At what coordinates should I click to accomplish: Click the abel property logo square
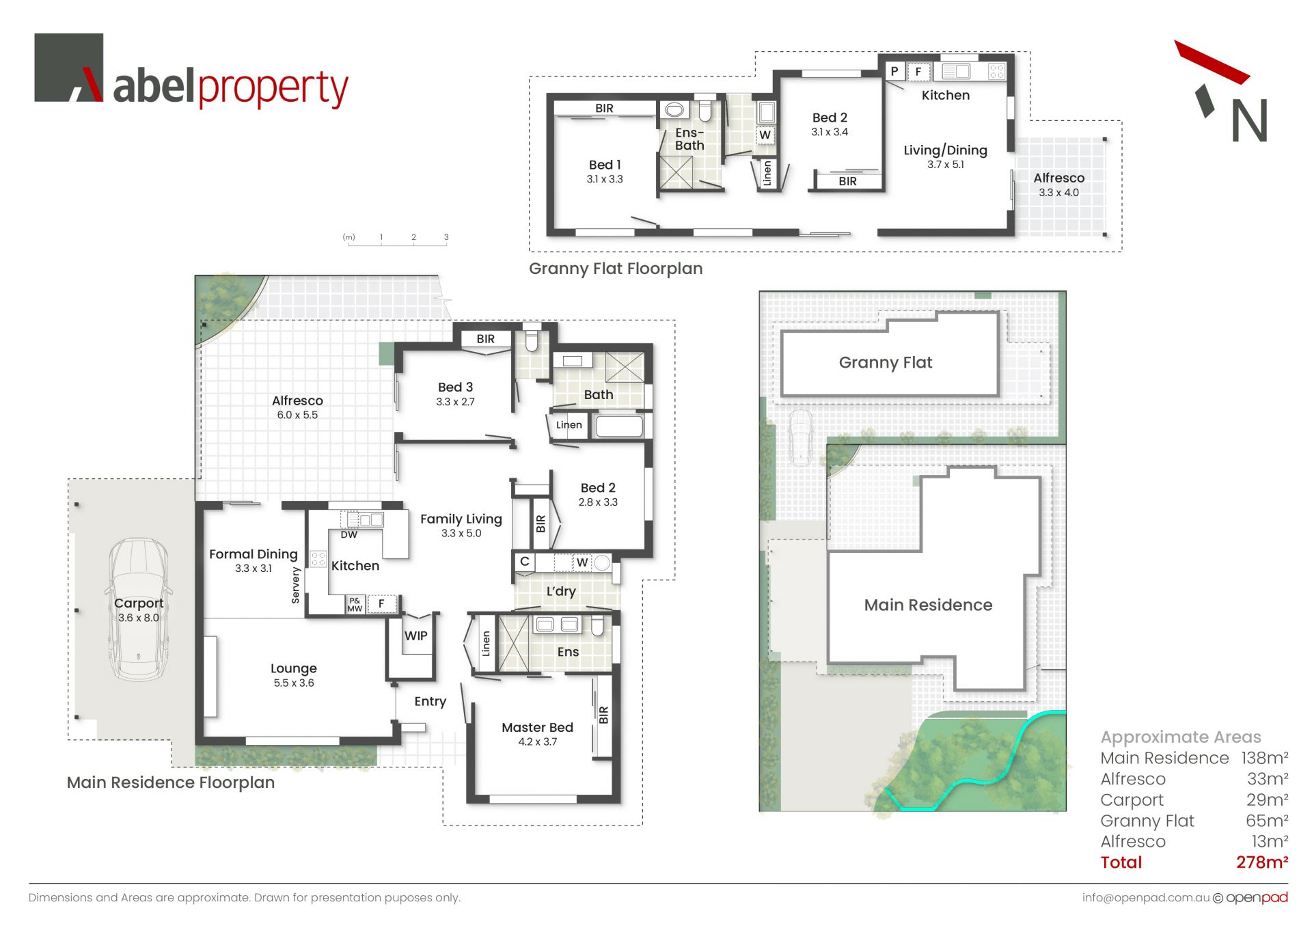point(68,68)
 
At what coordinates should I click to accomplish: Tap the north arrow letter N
point(1249,121)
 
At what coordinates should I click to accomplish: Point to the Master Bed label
point(537,727)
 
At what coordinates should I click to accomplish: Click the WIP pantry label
point(415,636)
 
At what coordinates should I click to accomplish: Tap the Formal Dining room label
point(254,554)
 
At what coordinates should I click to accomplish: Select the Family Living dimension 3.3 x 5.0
point(461,533)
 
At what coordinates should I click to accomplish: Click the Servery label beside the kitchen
point(296,585)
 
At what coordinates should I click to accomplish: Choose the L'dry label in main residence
point(561,591)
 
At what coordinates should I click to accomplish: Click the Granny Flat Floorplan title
point(616,269)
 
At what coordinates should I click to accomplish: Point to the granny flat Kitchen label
point(946,95)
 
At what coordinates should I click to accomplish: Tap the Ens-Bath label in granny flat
point(689,139)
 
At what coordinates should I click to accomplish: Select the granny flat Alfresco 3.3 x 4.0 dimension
point(1058,193)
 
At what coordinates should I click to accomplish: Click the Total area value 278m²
point(1262,862)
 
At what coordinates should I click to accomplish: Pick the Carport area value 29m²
point(1268,800)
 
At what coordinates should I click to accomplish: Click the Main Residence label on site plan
point(928,605)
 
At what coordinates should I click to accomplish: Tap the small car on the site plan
point(800,437)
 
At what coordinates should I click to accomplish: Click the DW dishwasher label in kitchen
point(349,535)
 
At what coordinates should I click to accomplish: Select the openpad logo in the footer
point(1257,897)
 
